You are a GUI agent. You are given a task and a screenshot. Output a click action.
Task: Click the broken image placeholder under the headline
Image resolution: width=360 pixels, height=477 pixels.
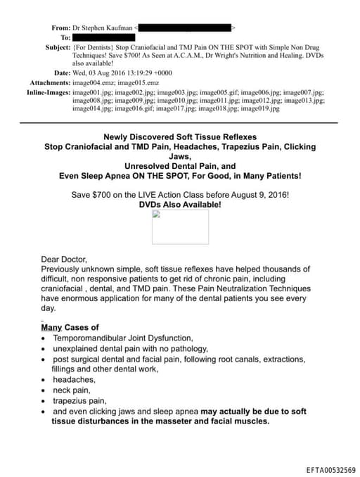(x=180, y=227)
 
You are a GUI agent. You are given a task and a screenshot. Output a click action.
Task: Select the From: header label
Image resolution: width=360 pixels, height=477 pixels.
(x=61, y=27)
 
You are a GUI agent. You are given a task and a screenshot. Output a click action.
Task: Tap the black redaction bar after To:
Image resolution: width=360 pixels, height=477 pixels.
(x=103, y=37)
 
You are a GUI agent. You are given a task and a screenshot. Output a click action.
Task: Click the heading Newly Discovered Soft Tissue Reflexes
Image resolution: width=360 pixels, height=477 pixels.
(x=180, y=136)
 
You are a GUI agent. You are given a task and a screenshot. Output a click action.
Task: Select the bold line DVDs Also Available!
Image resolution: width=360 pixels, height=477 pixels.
(x=180, y=205)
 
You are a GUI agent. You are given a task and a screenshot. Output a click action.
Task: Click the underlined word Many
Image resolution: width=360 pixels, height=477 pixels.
(x=51, y=327)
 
